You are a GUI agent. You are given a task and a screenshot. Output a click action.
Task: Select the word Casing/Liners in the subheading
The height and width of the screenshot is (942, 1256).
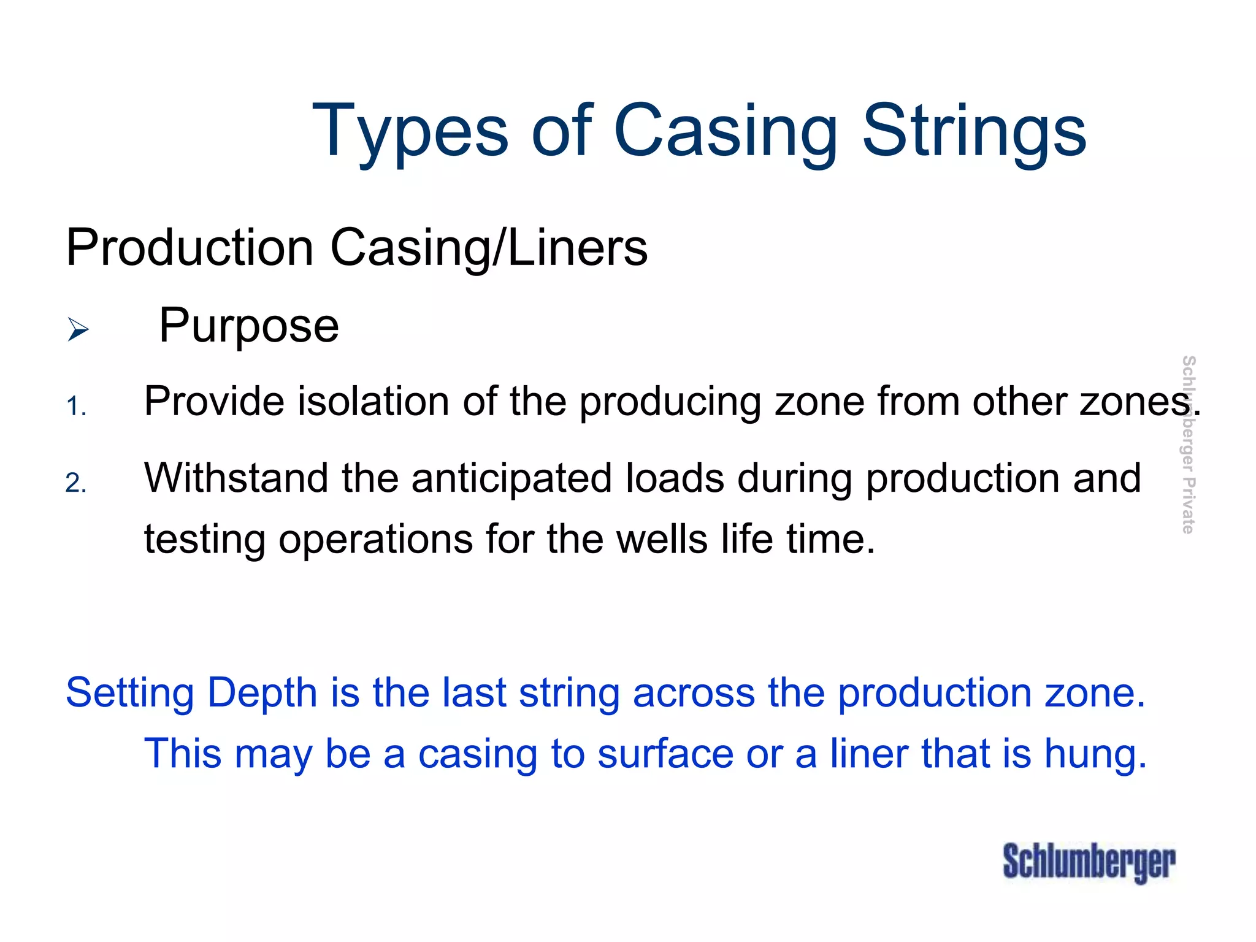pos(489,248)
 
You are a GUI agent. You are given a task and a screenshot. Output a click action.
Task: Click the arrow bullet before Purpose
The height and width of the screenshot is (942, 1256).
pos(78,329)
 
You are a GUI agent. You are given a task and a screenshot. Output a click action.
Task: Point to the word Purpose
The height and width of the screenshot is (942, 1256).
pos(248,326)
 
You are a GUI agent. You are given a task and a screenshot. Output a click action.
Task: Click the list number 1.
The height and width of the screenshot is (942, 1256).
pos(76,407)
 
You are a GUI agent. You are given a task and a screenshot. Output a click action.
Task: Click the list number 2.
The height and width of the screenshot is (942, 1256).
pos(76,483)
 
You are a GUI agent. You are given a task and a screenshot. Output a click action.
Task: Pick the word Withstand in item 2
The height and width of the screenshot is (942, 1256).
pos(235,478)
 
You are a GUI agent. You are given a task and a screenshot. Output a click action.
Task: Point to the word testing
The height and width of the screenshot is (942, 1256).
pos(204,540)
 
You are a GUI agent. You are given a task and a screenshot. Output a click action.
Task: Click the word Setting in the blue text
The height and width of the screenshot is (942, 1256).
pos(129,694)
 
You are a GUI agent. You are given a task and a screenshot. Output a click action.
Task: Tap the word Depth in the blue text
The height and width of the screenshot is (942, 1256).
pos(262,694)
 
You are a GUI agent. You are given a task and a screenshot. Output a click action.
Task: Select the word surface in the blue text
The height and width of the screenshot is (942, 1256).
pos(665,754)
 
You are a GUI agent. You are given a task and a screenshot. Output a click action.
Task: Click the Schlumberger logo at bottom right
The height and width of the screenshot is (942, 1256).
pos(1089,862)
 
